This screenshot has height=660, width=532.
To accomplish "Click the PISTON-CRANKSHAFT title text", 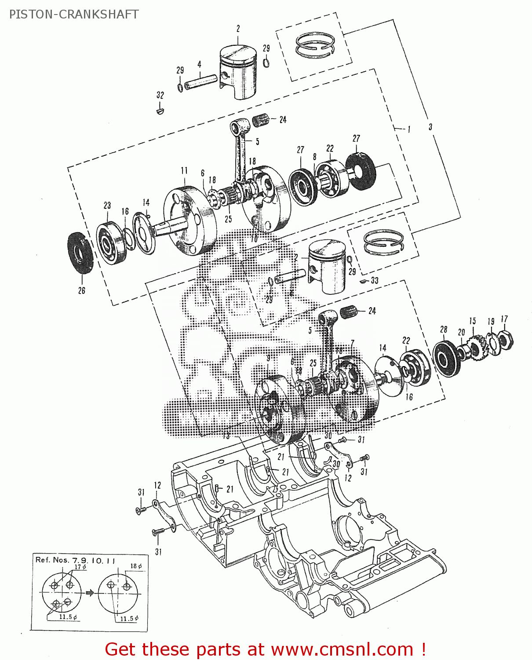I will tap(74, 15).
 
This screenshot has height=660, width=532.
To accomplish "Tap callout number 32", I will tap(160, 95).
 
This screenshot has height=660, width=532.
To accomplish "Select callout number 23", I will tap(107, 205).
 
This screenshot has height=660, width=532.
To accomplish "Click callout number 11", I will tap(184, 171).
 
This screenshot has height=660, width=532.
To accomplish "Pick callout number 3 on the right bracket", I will tap(430, 127).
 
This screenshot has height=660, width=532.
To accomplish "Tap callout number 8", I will tap(315, 157).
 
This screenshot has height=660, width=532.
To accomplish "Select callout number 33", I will tap(374, 280).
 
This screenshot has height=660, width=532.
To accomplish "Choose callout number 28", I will tap(444, 329).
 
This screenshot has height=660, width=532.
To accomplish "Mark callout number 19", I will tap(491, 322).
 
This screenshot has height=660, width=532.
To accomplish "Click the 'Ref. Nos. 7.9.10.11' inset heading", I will tap(75, 560).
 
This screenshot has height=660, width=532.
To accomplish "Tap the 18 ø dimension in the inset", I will tap(136, 566).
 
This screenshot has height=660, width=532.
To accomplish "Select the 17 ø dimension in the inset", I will tap(80, 567).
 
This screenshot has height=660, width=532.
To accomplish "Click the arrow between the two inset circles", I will tap(90, 593).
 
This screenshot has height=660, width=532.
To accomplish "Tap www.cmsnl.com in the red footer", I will tap(342, 649).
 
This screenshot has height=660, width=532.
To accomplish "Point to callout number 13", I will tap(226, 436).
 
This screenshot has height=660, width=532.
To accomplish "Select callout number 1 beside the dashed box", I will tap(408, 129).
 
